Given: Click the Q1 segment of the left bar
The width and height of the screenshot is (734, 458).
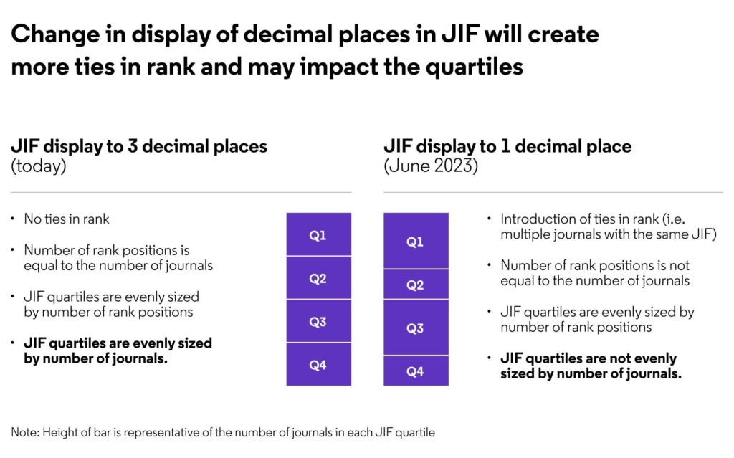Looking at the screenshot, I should pos(318,234).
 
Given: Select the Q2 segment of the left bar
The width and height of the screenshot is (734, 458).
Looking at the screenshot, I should pos(318,278).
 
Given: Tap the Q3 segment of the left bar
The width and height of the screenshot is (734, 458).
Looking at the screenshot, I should pos(318,322).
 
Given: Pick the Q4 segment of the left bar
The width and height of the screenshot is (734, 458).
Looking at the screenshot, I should pos(318,365).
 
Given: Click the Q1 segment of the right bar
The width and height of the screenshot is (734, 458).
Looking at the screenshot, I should pos(416,242).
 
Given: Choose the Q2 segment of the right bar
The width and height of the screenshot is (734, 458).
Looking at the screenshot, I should pos(416,285).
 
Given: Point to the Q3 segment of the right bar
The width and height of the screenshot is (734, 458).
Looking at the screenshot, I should pos(416,328).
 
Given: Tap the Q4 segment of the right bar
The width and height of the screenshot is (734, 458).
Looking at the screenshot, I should pos(416,371).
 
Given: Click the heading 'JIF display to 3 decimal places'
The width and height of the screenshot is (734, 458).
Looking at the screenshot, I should pos(139,146).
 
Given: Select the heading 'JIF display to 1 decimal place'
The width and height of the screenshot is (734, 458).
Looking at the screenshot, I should pos(507,146).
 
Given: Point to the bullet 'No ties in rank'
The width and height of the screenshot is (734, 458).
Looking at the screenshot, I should pos(65,219).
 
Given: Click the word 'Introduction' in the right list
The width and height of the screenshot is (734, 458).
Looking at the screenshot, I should pos(537,219).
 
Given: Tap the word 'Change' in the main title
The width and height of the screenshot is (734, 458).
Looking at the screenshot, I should pos(51,34).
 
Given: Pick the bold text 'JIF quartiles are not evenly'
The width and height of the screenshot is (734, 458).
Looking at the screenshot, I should pos(588,358).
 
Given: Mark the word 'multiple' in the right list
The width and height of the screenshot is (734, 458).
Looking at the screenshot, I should pos(523,233).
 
